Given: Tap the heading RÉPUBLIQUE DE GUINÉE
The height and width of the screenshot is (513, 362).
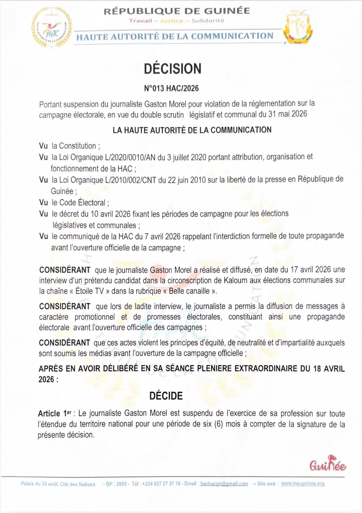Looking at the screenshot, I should [177, 11].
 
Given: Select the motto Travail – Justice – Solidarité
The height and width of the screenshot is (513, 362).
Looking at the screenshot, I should [176, 21].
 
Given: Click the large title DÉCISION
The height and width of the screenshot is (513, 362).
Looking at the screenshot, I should [173, 69].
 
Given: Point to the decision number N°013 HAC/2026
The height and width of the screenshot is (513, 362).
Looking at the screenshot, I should [171, 88].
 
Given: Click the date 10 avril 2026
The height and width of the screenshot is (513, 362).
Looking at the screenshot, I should [110, 214].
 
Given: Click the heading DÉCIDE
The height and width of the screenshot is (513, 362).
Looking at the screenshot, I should [166, 396].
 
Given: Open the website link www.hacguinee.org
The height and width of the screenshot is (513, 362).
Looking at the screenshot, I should [303, 483].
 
